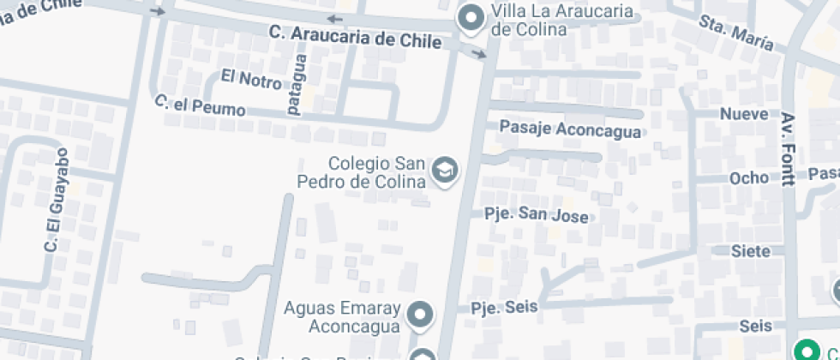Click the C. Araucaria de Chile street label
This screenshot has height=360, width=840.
click(x=355, y=37)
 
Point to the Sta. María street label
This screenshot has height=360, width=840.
click(x=736, y=33)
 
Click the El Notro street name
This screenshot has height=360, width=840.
click(x=250, y=80)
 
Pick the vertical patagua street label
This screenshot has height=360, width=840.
click(x=296, y=85)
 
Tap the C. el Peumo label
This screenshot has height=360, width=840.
click(x=200, y=106)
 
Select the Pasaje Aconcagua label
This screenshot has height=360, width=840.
click(x=570, y=130)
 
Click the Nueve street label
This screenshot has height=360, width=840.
click(x=744, y=114)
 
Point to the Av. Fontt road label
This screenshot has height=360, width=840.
click(x=789, y=149)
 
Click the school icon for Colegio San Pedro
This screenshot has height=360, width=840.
click(x=445, y=171)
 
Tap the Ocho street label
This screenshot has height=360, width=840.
click(x=749, y=177)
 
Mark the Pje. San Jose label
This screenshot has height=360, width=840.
click(x=537, y=214)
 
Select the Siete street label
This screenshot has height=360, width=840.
click(x=746, y=251)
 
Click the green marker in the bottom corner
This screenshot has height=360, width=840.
click(x=805, y=350)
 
